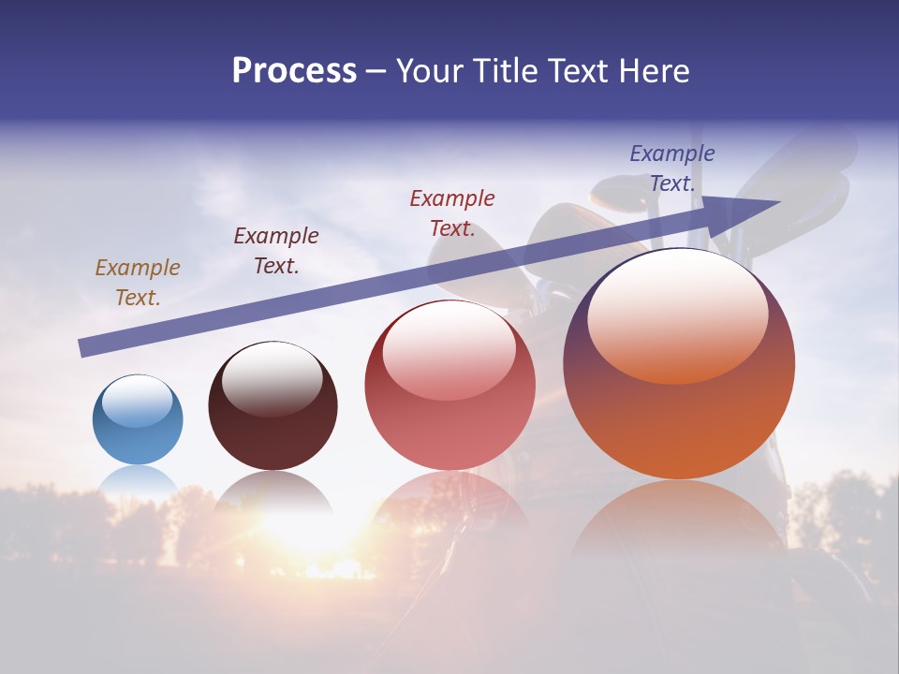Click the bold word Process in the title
[294, 71]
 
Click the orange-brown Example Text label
[138, 283]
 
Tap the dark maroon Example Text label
[276, 251]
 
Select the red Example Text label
[452, 213]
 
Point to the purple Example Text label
[672, 168]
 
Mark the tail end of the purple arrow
[82, 348]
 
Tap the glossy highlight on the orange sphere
[677, 316]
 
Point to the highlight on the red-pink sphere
[449, 350]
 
